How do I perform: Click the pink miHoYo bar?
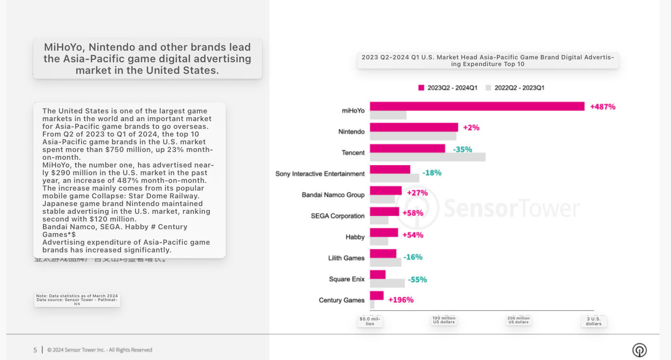(477, 106)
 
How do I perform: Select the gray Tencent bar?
(427, 157)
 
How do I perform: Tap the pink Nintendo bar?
(414, 127)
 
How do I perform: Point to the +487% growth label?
(603, 107)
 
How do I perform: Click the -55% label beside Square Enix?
(417, 279)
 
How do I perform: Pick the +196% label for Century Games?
(400, 300)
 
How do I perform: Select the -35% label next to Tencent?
(462, 150)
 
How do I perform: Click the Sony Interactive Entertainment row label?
(320, 174)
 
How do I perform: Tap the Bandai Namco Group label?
(333, 195)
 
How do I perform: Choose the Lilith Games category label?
(346, 258)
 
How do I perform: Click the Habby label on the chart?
(355, 237)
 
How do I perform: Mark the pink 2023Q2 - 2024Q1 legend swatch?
(421, 88)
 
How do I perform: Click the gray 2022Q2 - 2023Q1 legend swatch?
(488, 88)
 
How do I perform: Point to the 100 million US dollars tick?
(444, 320)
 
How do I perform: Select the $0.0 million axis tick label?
(370, 321)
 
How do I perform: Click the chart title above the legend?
(488, 60)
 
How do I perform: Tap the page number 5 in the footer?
(35, 350)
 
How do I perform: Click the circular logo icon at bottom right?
(639, 350)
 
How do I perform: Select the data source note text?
(77, 300)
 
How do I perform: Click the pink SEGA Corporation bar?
(384, 211)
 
